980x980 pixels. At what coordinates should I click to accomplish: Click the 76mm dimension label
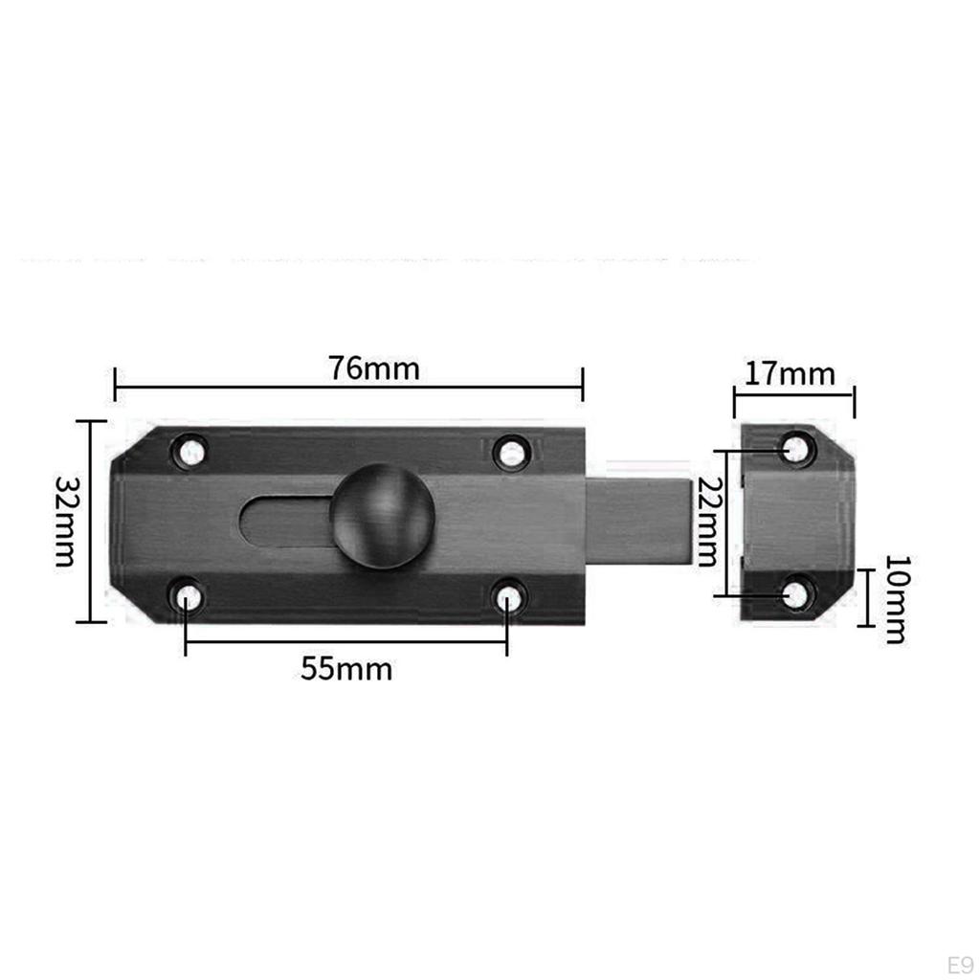coord(373,368)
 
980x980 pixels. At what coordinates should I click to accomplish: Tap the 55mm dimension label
coord(346,669)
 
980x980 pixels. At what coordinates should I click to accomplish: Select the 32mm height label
coord(64,522)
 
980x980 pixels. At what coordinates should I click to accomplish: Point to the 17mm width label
coord(790,373)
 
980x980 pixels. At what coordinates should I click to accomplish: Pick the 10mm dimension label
coord(894,598)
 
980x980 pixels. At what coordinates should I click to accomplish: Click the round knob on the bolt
coord(382,516)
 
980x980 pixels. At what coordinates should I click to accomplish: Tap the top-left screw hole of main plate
coord(191,451)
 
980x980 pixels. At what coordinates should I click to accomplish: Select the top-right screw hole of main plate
coord(512,452)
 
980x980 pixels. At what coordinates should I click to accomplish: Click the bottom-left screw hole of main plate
coord(188,598)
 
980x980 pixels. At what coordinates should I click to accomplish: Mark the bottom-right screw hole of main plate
coord(508,598)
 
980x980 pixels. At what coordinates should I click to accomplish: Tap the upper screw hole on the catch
coord(795,448)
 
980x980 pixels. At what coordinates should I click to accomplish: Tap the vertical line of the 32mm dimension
coord(91,522)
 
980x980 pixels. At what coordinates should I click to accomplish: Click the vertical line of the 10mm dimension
coord(865,598)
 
